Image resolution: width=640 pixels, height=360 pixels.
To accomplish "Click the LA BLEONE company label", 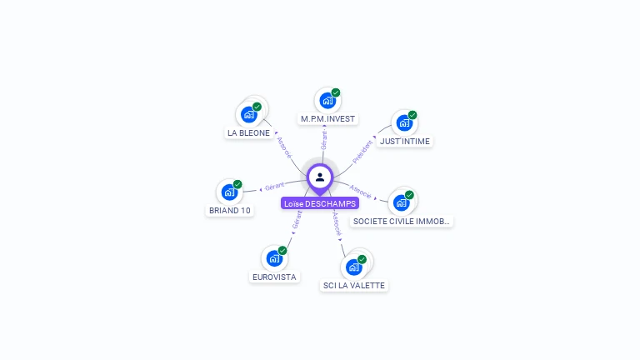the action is coord(248,132).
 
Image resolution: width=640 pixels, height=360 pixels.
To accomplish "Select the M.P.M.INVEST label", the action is coord(328,119).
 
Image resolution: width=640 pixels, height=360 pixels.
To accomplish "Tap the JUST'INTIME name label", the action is coord(405,142).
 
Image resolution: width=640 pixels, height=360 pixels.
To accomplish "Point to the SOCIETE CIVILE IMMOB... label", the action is coord(402,222).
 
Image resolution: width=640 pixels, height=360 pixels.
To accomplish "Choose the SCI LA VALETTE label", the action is coord(353,285).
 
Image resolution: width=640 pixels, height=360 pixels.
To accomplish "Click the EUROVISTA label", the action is coord(274,277).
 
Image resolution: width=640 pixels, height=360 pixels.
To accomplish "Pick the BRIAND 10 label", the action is coord(229,211).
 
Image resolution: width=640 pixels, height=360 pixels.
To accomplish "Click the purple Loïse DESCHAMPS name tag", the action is coord(320,203).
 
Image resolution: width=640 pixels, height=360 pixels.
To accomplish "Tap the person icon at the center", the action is coord(320,177).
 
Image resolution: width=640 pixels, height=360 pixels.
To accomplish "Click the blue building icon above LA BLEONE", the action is coord(248,114).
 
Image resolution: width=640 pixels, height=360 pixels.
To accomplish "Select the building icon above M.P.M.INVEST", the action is coord(327,101).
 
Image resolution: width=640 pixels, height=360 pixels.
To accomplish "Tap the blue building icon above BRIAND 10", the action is coord(229,192).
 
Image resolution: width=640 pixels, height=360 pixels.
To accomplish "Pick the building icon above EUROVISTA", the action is coord(273,258).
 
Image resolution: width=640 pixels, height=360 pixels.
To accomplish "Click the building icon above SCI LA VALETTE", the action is coord(353,267).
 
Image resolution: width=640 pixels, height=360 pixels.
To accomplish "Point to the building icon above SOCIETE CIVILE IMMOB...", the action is coord(401,202).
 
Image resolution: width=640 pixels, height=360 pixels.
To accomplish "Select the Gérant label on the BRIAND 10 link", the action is coord(274,186).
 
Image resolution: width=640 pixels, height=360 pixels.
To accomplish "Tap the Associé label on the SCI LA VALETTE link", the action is coord(336,224).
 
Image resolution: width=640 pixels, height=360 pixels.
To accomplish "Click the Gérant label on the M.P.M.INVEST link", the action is coord(324,140).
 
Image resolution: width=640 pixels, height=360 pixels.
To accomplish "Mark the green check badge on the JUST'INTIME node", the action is coord(412,115).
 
